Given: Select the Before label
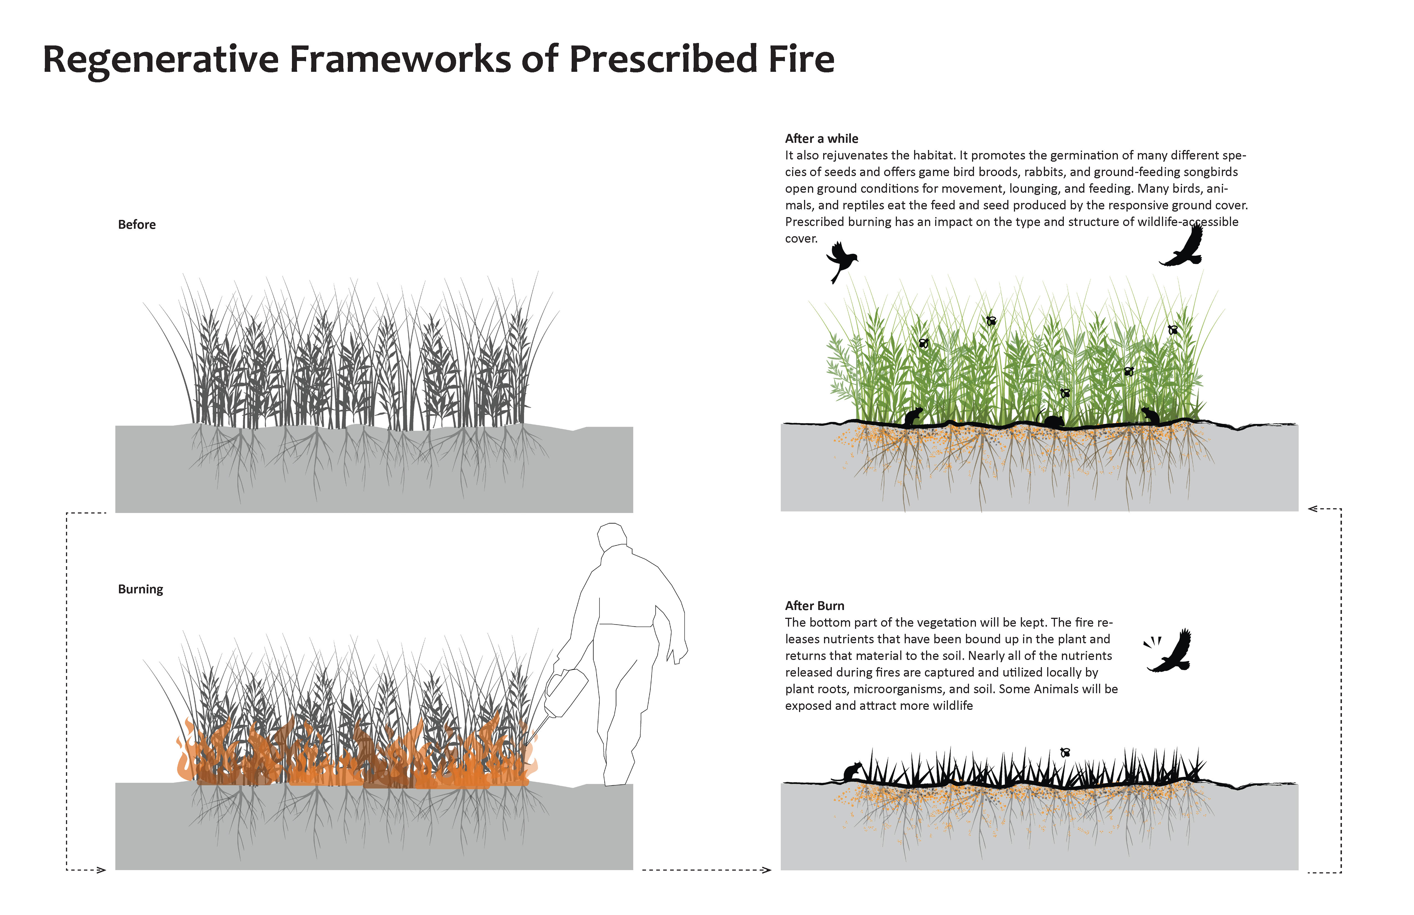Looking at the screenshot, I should coord(137,225).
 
